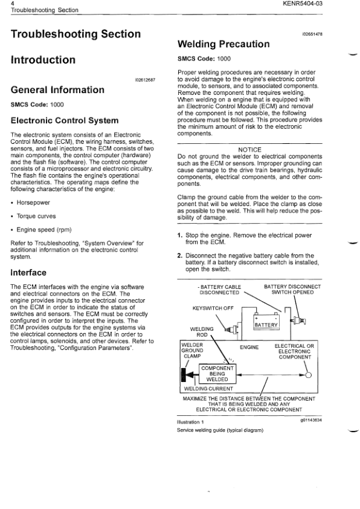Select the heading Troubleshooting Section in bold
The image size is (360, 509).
click(x=76, y=34)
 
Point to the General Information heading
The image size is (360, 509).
click(x=57, y=90)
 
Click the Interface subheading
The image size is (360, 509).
click(x=31, y=272)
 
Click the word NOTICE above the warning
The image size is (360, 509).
click(x=249, y=150)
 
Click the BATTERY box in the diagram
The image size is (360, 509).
click(x=266, y=325)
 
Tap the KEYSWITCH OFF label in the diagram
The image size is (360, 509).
click(x=212, y=308)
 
